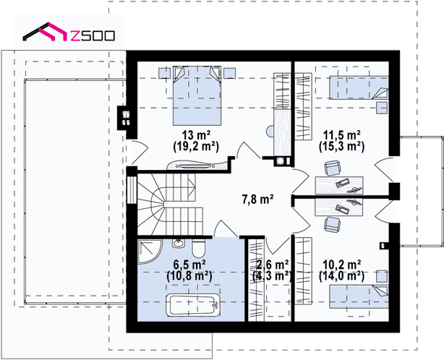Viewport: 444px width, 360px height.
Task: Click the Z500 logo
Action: (x=69, y=32)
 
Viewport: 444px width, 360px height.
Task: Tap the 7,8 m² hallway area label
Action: (x=257, y=200)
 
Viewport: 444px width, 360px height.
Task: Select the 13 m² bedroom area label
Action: (x=196, y=134)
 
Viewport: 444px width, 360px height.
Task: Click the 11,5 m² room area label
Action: (x=342, y=134)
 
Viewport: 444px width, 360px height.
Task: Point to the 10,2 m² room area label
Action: (x=342, y=265)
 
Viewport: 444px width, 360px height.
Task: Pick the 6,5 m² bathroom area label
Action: (x=189, y=265)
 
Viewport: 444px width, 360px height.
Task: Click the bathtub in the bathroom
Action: (x=193, y=305)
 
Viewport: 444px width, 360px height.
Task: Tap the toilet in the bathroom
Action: (x=198, y=248)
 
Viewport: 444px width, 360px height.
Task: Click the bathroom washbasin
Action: (x=178, y=243)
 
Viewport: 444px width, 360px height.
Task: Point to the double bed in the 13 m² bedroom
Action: (x=197, y=95)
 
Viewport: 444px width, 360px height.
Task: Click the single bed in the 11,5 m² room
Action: (x=359, y=87)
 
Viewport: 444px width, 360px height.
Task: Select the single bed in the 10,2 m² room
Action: (x=359, y=296)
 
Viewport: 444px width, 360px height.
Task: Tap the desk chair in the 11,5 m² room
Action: (x=332, y=168)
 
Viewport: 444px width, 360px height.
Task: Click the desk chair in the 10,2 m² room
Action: (x=332, y=224)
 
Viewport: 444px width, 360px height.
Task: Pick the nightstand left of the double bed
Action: (x=164, y=73)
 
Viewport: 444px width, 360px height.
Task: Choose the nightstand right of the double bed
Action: (x=230, y=73)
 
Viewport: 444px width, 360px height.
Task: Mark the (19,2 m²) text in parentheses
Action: (x=196, y=147)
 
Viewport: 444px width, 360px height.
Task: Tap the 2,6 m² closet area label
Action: (x=273, y=265)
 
